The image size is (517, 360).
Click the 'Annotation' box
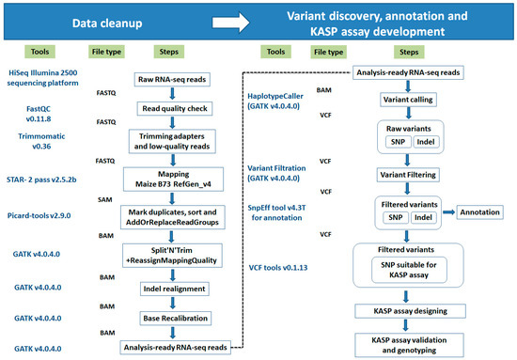click(481, 212)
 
